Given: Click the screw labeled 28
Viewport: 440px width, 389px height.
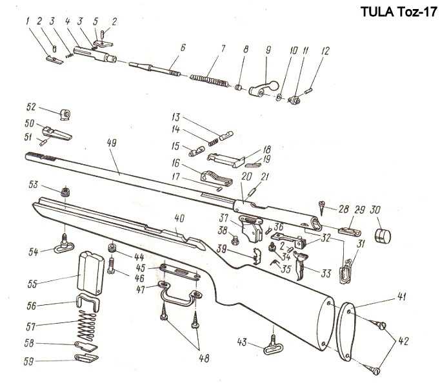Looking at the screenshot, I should pos(323,208).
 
